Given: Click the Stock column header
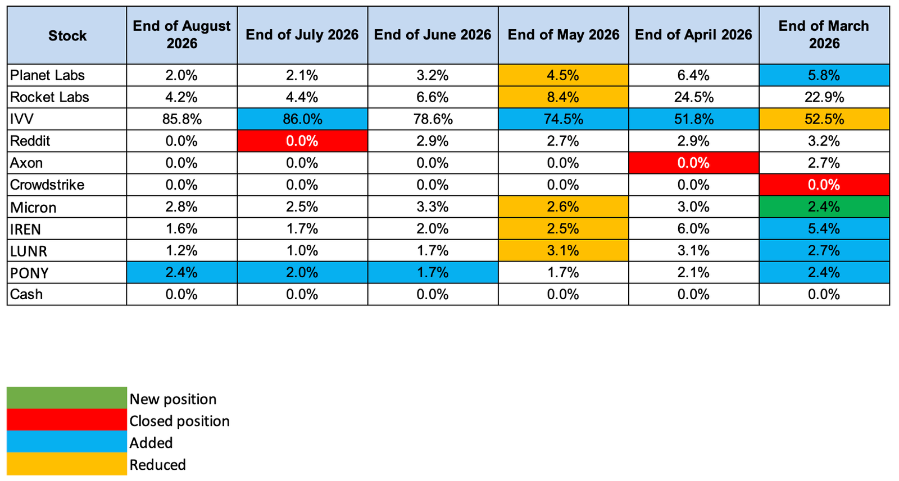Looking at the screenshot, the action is click(x=67, y=35).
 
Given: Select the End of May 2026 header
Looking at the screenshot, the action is click(x=564, y=35).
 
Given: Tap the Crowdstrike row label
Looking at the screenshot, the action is click(x=47, y=185).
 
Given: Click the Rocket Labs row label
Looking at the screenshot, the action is click(x=49, y=97).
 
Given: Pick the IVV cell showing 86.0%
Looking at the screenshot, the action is click(x=303, y=119).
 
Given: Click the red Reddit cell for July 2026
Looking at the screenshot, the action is click(x=303, y=141).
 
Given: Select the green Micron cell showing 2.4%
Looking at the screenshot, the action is click(x=824, y=207).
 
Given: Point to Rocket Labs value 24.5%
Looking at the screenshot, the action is click(x=694, y=97).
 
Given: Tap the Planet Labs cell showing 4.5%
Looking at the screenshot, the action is click(x=564, y=75).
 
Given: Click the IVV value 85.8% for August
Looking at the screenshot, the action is click(x=182, y=119).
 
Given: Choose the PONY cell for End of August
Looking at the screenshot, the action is click(x=182, y=273).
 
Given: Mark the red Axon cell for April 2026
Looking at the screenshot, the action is click(x=694, y=163).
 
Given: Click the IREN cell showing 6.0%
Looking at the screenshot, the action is click(x=694, y=229).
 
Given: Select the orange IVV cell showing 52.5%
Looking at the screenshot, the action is click(x=824, y=119).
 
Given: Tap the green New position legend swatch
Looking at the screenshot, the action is click(x=67, y=397).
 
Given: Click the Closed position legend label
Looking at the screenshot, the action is click(x=179, y=422).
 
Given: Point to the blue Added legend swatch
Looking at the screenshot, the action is click(x=67, y=441).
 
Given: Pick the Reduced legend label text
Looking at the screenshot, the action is click(x=158, y=465).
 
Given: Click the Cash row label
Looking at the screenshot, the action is click(x=26, y=295).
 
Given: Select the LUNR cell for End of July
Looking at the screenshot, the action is click(x=303, y=251).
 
